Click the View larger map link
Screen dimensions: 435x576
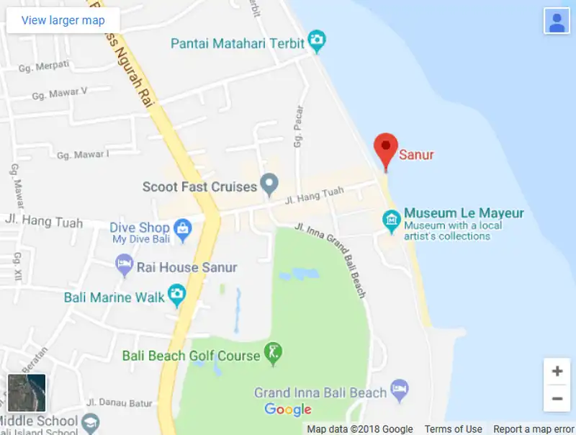click(63, 20)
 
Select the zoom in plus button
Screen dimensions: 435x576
click(557, 372)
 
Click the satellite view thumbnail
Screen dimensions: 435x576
click(27, 393)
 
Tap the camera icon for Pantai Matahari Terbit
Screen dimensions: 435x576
click(316, 41)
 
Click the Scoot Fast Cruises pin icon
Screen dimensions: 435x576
click(269, 184)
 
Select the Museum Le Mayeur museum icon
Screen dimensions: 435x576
click(392, 220)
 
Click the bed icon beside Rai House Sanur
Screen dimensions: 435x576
click(125, 265)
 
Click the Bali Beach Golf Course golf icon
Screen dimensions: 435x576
click(273, 353)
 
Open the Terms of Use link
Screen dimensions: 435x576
click(454, 429)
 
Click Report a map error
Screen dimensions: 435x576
click(534, 429)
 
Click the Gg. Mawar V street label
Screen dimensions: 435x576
click(60, 94)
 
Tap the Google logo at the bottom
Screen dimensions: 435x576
click(288, 410)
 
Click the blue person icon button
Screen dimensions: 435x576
click(557, 21)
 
